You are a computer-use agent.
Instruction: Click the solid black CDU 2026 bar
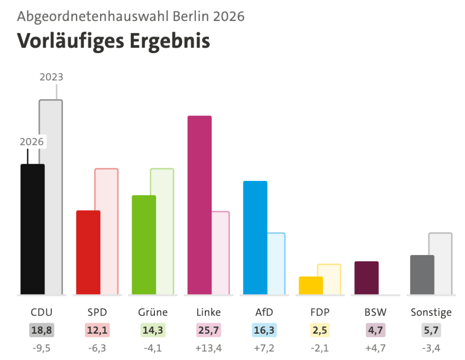click(33, 229)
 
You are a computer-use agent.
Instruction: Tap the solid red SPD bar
click(88, 252)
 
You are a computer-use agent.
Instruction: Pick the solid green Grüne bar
click(144, 245)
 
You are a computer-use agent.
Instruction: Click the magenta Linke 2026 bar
click(200, 205)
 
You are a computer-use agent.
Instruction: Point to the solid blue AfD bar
click(255, 238)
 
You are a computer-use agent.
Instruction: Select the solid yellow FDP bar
click(311, 285)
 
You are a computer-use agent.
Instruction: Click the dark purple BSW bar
click(366, 278)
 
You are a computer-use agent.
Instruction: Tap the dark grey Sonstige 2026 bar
click(422, 275)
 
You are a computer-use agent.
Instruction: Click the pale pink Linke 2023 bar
click(221, 253)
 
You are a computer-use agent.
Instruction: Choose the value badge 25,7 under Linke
click(208, 330)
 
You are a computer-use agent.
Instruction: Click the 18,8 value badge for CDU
click(41, 330)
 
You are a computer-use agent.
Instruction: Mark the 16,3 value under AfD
click(264, 330)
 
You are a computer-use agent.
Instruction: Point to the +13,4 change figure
click(208, 348)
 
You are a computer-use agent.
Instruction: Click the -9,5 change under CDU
click(41, 348)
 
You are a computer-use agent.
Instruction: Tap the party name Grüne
click(153, 312)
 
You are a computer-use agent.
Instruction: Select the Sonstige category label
click(431, 313)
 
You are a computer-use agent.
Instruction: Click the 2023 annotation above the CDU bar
click(51, 77)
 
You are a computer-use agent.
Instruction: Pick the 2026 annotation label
click(32, 141)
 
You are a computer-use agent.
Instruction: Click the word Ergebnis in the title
click(170, 41)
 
